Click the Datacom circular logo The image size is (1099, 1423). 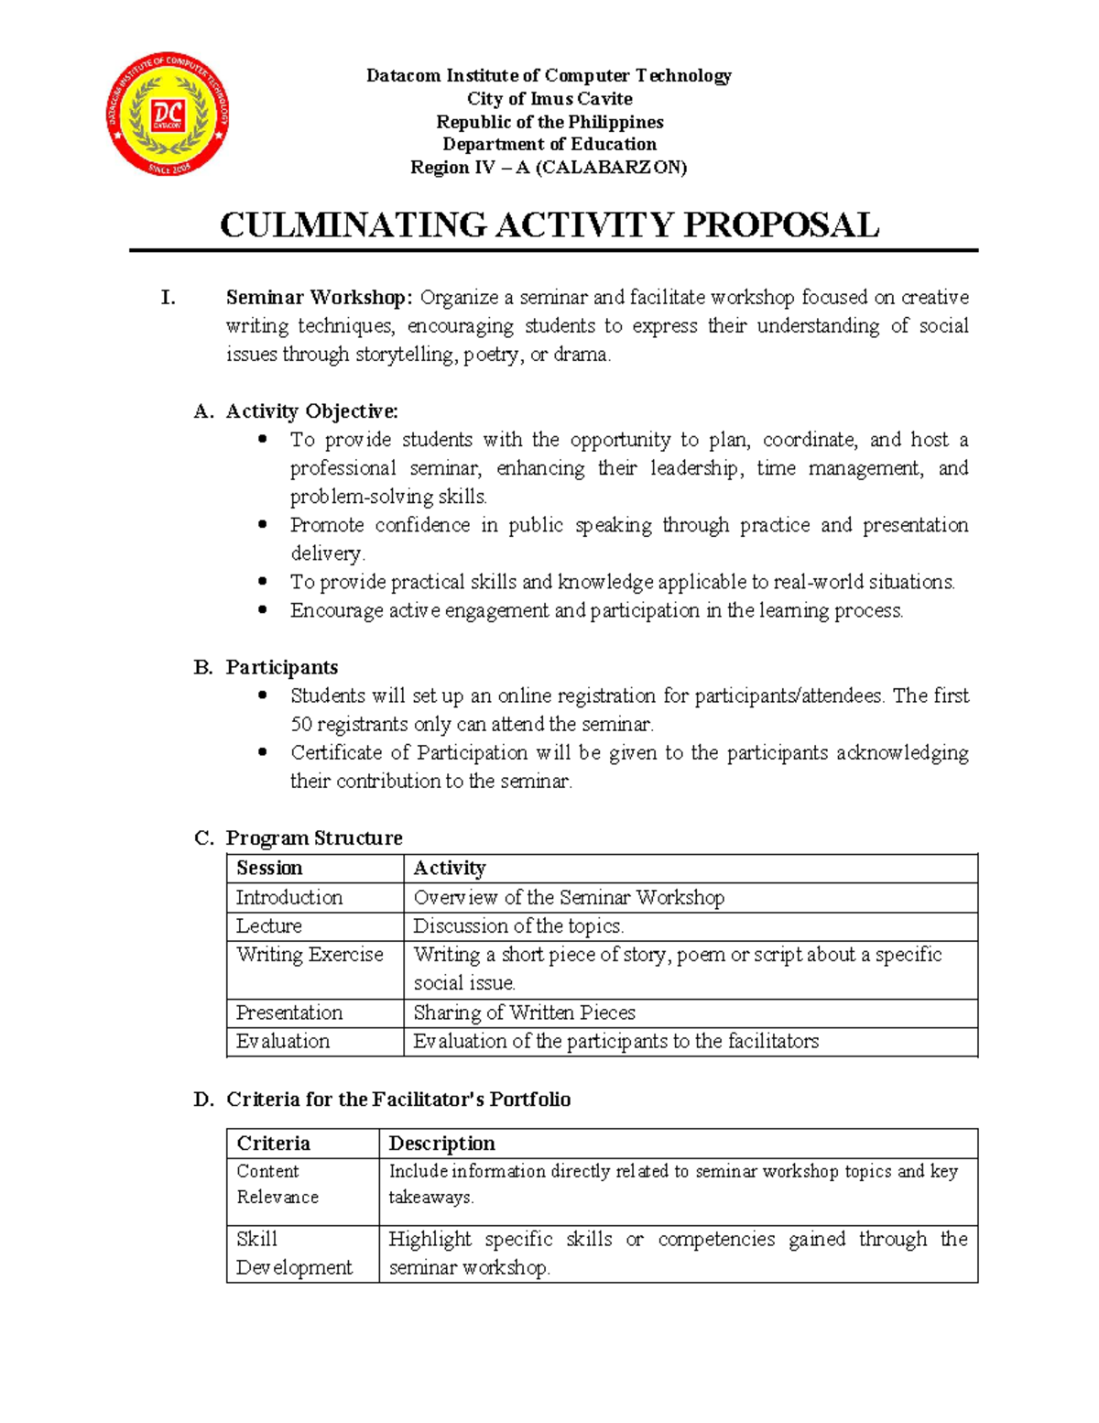[168, 115]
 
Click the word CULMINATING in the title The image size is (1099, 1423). [353, 225]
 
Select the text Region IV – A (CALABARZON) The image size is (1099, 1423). [549, 168]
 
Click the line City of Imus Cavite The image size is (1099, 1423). [549, 99]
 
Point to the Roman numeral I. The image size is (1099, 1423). [168, 298]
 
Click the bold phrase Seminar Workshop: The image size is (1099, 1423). [320, 298]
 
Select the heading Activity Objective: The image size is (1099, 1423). [311, 411]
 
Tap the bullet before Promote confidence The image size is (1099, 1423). [263, 525]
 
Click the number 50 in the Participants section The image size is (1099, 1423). [301, 725]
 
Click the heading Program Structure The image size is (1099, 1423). [314, 838]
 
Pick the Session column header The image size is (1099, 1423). [269, 869]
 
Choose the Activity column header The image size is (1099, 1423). [449, 869]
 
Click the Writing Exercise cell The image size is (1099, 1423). [310, 955]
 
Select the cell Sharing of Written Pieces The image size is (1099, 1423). [524, 1013]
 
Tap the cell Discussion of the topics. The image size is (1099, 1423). [518, 926]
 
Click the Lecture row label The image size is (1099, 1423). [268, 926]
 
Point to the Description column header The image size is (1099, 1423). [441, 1144]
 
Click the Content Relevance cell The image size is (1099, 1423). [277, 1184]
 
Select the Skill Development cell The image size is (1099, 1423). [293, 1253]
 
